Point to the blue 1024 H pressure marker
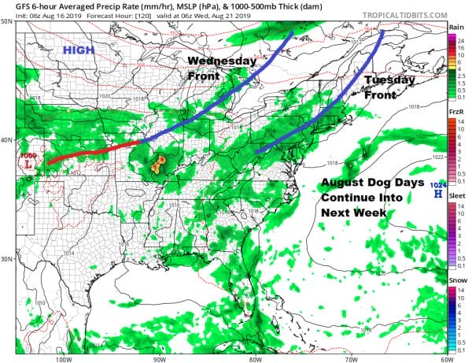coord(437,187)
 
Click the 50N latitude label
coord(7,22)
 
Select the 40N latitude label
coord(7,140)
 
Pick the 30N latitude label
coord(7,259)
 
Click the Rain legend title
coord(455,27)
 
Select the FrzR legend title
coord(455,113)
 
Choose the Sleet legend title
coord(455,198)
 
